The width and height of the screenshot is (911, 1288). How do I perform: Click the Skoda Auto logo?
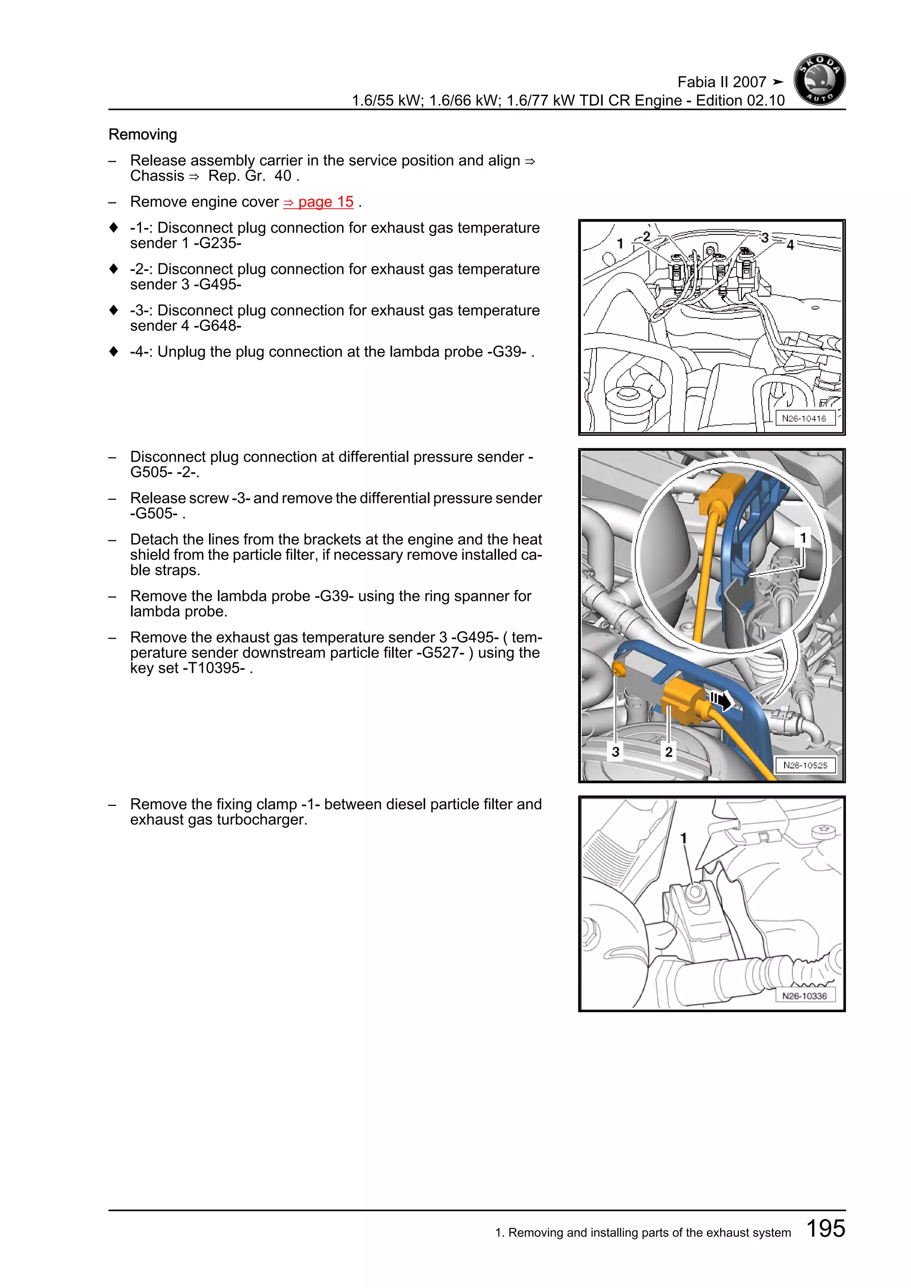(819, 80)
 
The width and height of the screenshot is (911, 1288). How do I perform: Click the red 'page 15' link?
(318, 202)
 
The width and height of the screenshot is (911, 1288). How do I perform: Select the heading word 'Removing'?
(142, 135)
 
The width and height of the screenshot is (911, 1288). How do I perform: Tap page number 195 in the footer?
(825, 1228)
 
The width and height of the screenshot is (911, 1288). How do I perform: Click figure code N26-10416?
(804, 419)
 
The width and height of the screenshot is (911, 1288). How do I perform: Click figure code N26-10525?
(805, 765)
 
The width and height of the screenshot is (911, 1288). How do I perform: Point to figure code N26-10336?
(804, 996)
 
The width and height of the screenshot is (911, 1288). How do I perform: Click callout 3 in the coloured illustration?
(615, 752)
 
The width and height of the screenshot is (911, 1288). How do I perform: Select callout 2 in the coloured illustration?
(669, 752)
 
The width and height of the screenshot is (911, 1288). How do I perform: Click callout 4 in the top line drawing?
(790, 245)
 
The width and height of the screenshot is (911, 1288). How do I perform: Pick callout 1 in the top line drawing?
(620, 243)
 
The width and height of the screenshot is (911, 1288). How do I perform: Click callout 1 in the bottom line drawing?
(683, 838)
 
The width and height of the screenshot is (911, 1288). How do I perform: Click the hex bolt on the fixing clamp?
(695, 893)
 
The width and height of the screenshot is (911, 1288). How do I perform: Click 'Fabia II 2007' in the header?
(722, 82)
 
